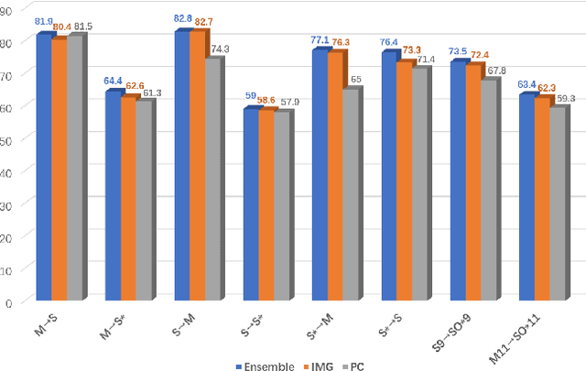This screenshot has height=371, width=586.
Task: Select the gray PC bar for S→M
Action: [212, 180]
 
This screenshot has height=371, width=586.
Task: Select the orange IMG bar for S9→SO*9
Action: [472, 182]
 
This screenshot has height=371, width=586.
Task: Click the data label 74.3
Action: [220, 49]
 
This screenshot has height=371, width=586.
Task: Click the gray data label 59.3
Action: [565, 97]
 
